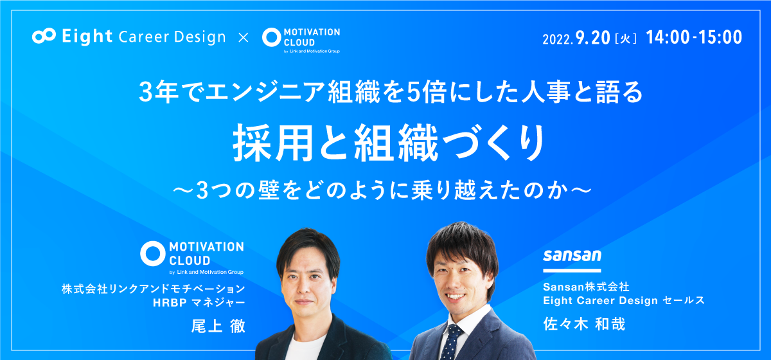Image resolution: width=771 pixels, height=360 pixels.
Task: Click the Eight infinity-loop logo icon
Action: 44,36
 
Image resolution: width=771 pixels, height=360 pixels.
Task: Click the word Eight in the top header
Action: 87,37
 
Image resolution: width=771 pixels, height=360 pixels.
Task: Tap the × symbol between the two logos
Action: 244,37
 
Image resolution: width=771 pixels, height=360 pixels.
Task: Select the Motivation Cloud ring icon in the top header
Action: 272,37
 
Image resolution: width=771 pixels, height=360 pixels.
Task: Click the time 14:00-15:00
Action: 694,37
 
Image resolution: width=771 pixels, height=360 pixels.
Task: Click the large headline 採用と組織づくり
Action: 389,143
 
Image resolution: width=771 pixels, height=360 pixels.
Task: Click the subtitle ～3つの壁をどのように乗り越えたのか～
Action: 382,190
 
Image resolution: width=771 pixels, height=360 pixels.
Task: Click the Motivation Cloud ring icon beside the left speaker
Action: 152,253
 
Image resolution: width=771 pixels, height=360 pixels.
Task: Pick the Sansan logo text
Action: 572,256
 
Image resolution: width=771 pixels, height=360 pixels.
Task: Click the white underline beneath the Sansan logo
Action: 572,271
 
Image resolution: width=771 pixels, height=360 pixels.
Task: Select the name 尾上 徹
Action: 218,326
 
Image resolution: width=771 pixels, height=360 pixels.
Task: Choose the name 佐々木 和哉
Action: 584,324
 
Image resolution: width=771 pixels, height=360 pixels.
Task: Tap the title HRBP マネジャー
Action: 199,303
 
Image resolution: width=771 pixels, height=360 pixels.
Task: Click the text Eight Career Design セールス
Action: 624,301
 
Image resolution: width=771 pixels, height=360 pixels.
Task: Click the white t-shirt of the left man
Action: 305,347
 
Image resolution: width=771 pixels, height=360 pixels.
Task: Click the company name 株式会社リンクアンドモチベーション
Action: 154,289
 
